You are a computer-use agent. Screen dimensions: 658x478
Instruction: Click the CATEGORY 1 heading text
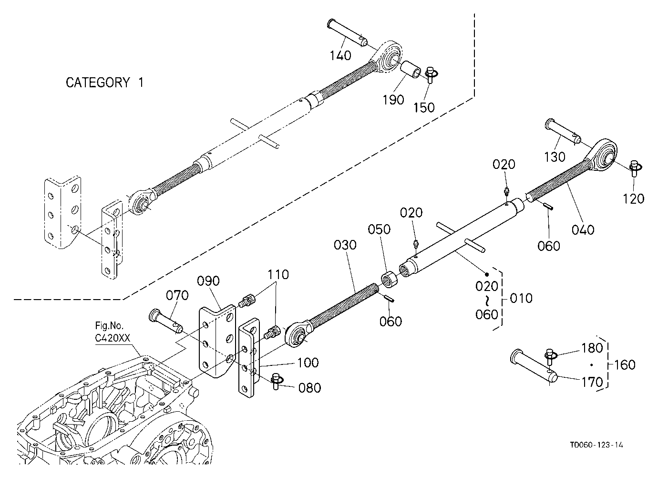coord(104,83)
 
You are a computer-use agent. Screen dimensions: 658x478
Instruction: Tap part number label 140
coord(340,55)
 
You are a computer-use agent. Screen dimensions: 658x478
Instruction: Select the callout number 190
coord(393,100)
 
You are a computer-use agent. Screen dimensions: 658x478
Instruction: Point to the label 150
coord(424,108)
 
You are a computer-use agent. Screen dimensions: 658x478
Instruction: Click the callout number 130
coord(555,157)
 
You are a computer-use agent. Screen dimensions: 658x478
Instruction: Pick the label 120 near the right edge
coord(634,199)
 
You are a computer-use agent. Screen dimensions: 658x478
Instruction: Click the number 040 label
coord(583,229)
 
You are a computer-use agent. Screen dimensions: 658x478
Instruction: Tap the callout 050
coord(379,229)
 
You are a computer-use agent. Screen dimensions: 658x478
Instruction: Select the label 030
coord(345,245)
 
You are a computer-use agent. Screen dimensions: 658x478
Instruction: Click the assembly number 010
coord(521,298)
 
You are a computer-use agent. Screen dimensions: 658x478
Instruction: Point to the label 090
coord(208,281)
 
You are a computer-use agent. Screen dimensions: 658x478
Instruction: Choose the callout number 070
coord(177,295)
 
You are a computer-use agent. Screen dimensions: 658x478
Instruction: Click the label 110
coord(278,275)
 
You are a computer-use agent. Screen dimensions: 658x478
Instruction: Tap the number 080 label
coord(309,388)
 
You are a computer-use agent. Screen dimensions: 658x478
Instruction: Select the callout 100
coord(308,363)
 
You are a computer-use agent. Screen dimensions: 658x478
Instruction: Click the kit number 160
coord(625,365)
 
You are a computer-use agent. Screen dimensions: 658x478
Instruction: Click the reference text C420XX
coord(113,338)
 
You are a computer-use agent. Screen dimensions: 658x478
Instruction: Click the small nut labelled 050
coord(390,279)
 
